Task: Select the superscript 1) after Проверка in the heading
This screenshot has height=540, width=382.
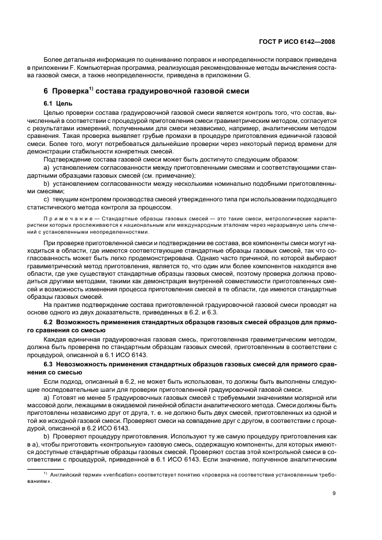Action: click(x=92, y=88)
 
